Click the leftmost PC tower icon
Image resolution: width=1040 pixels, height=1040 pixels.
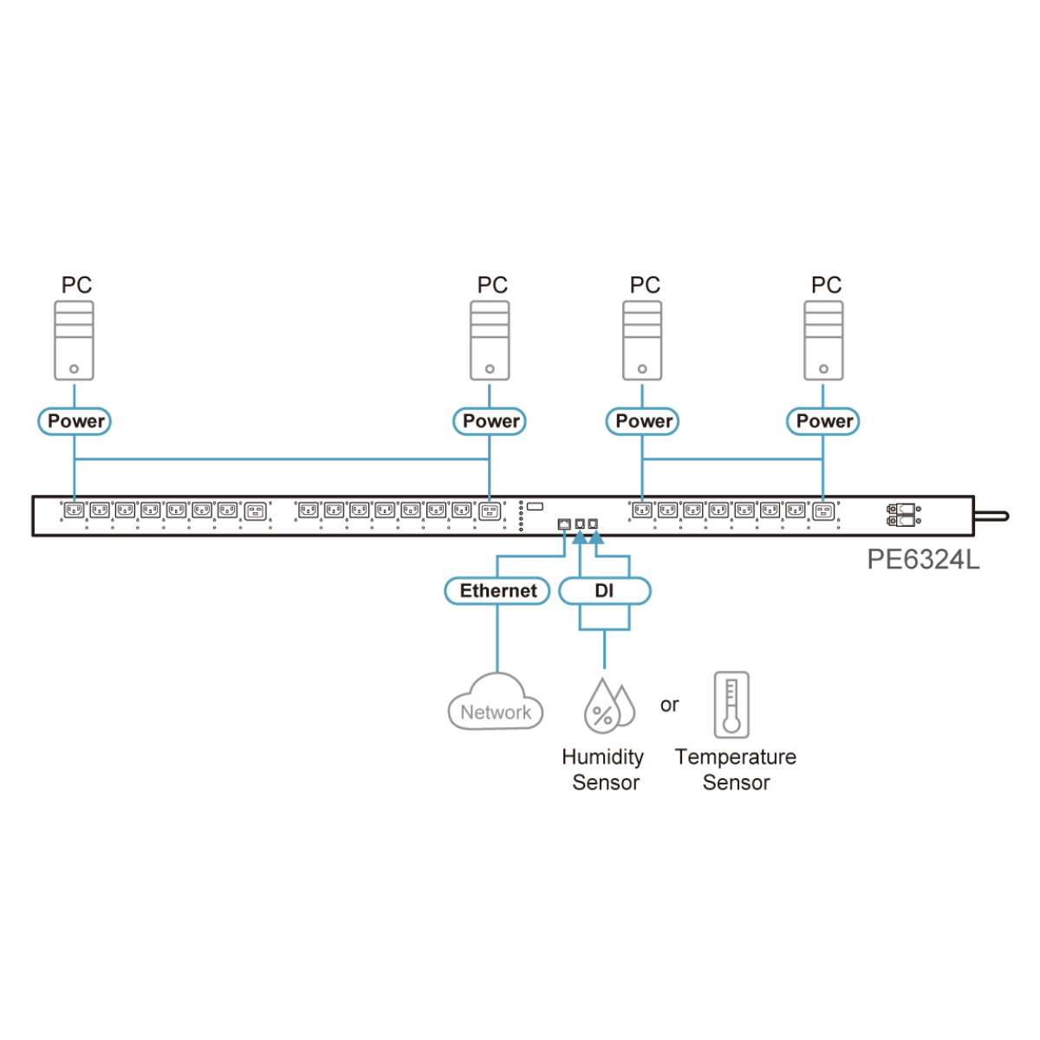(x=75, y=340)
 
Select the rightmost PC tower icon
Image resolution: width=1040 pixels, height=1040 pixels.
(x=823, y=340)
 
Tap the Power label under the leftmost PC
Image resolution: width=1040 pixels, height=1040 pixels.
(x=75, y=421)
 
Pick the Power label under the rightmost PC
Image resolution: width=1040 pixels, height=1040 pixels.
(x=822, y=421)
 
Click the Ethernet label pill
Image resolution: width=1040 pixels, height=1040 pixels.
(x=497, y=591)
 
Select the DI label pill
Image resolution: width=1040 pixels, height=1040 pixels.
(x=604, y=591)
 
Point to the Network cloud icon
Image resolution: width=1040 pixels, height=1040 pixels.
(x=496, y=704)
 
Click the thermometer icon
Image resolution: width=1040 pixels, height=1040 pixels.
(x=731, y=705)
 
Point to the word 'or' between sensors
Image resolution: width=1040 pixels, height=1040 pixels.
(x=669, y=705)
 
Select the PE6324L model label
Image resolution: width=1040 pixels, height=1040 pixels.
(x=923, y=560)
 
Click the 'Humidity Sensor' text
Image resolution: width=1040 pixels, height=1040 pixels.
(x=603, y=770)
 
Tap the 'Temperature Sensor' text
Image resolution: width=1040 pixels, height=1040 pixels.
(x=736, y=770)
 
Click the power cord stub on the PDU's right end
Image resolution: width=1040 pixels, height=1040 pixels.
(x=991, y=516)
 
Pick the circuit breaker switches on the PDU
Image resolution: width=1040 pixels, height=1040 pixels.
(x=902, y=515)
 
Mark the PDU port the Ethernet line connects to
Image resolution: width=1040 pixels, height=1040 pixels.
(x=564, y=524)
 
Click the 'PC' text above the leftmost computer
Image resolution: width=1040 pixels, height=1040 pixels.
(x=76, y=285)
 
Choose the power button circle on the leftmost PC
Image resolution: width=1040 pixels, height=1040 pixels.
(x=75, y=369)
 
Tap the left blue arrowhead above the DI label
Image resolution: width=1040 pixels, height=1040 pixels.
(x=580, y=537)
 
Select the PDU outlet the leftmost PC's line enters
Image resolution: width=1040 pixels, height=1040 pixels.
(x=75, y=510)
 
